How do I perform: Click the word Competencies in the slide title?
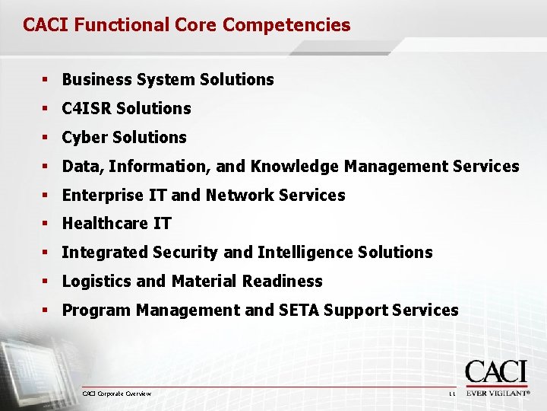[x=286, y=25]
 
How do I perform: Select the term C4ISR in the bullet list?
[x=87, y=109]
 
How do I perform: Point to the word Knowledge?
[x=296, y=167]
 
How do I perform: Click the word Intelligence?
[x=305, y=253]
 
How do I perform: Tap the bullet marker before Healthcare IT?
[x=46, y=224]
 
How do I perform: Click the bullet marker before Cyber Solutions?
[x=46, y=138]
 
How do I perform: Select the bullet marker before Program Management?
[x=46, y=311]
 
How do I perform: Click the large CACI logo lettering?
[x=495, y=373]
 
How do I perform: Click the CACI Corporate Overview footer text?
[x=117, y=393]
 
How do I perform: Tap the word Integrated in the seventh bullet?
[x=105, y=253]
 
